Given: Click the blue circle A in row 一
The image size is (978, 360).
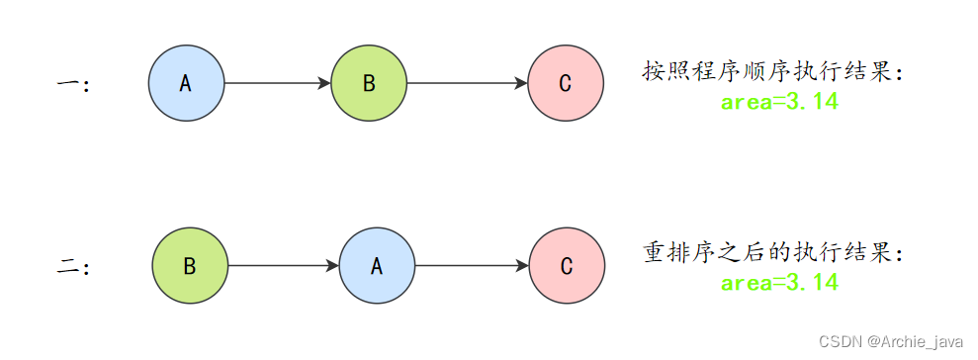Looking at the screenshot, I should pyautogui.click(x=186, y=84).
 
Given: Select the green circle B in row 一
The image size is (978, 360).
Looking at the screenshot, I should pyautogui.click(x=369, y=84).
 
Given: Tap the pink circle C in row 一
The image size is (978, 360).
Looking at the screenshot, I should pyautogui.click(x=565, y=84).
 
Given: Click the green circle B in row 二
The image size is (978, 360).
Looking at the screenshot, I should pyautogui.click(x=190, y=266).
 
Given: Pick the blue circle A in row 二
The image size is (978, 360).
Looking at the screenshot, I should pyautogui.click(x=377, y=266).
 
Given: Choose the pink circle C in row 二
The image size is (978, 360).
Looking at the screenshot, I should pyautogui.click(x=567, y=266).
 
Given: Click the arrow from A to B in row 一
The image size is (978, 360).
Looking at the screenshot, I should pyautogui.click(x=277, y=84).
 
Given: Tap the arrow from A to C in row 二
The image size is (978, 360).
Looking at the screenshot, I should pyautogui.click(x=472, y=266).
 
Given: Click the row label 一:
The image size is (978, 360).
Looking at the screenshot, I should pyautogui.click(x=73, y=85).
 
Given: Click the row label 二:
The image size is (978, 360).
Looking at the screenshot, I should pyautogui.click(x=73, y=267).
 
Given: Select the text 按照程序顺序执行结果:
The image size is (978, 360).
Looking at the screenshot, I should pyautogui.click(x=773, y=72).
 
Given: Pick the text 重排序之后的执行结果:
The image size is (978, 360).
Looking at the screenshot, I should pyautogui.click(x=773, y=253).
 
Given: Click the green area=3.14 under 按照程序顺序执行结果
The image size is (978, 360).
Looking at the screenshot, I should pyautogui.click(x=779, y=102).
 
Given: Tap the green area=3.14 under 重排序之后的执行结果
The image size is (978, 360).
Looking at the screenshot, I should pyautogui.click(x=779, y=283).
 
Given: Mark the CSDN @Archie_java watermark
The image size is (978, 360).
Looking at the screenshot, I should pyautogui.click(x=890, y=341).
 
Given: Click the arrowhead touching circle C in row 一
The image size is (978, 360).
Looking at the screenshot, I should pyautogui.click(x=521, y=84).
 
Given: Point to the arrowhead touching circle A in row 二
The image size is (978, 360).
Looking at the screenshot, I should pyautogui.click(x=332, y=266).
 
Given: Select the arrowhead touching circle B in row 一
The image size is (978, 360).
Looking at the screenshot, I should pyautogui.click(x=324, y=84).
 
